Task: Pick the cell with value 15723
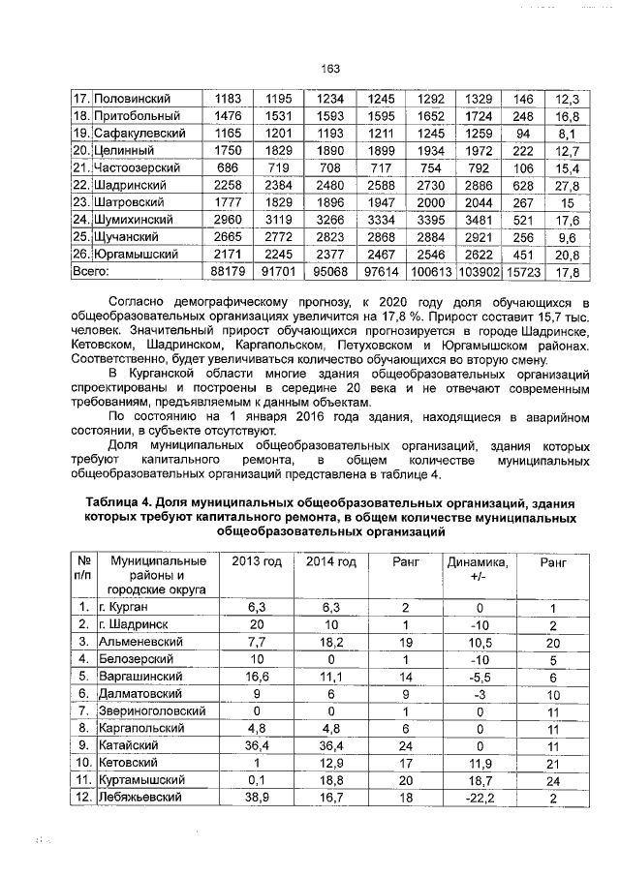coord(523,272)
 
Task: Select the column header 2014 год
coord(331,562)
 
